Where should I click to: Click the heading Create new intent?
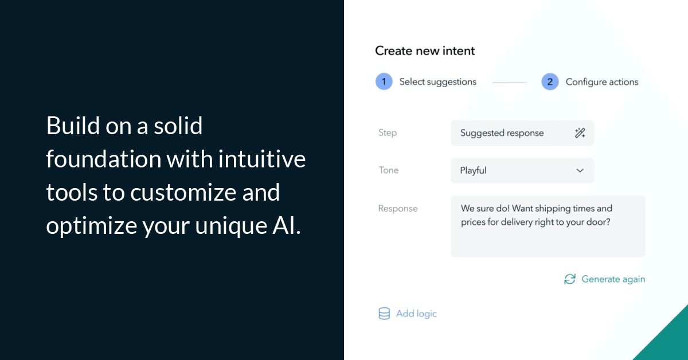tap(425, 51)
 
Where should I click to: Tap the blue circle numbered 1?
tap(384, 81)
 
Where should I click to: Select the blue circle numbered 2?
tap(549, 82)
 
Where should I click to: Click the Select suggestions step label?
tap(437, 82)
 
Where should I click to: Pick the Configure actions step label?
tap(601, 82)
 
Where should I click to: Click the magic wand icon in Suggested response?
tap(580, 133)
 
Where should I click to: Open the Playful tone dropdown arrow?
tap(580, 170)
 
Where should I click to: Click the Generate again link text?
tap(613, 279)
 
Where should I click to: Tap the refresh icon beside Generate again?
tap(569, 279)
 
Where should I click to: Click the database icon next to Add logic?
tap(384, 314)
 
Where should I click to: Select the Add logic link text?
tap(416, 314)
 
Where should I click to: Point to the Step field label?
tap(388, 132)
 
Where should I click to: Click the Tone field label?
tap(388, 170)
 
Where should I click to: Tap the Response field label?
tap(397, 209)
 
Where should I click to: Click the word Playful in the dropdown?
tap(473, 170)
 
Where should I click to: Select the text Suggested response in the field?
tap(502, 133)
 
